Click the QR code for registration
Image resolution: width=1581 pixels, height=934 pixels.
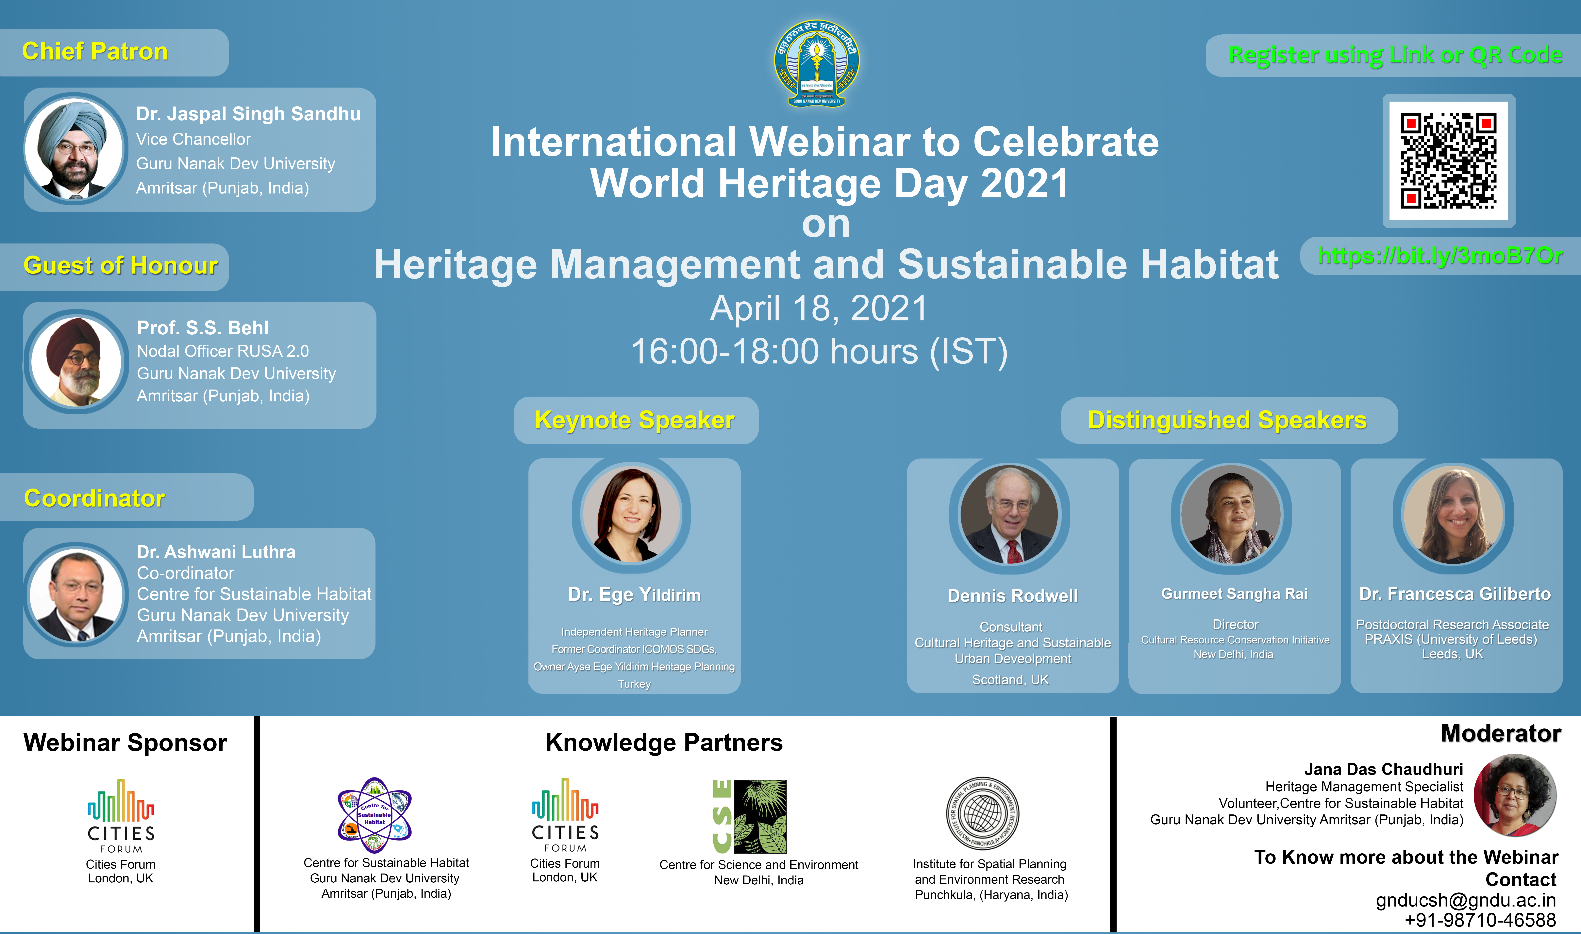1448,160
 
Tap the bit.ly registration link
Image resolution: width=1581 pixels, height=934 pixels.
1440,256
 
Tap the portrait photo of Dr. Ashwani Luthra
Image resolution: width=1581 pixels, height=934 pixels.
76,595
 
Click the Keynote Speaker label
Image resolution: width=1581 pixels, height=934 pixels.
634,420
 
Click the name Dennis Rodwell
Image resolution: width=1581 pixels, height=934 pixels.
1013,595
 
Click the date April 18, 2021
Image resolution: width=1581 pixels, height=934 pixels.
819,308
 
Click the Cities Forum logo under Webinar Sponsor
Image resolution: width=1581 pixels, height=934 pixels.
121,816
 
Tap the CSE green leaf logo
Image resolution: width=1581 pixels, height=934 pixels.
749,816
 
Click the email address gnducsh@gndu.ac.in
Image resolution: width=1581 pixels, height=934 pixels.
1466,900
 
